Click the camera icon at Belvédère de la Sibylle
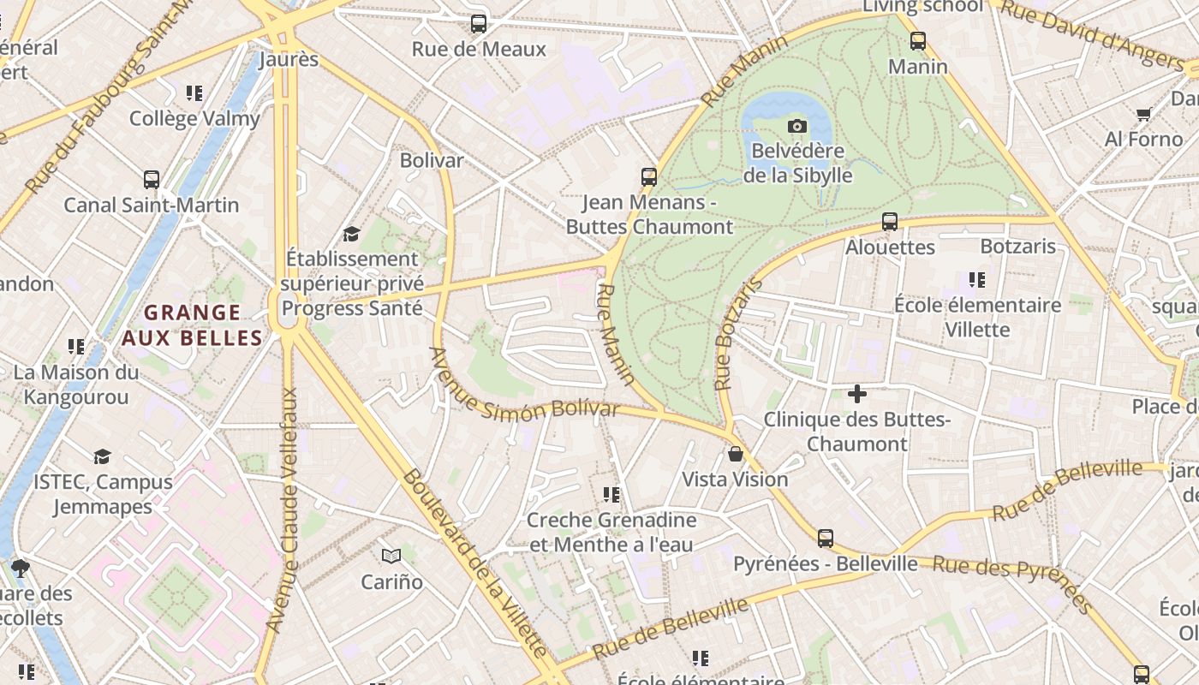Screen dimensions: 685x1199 797,127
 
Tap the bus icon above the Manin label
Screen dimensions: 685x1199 918,40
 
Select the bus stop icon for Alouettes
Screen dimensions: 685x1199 890,222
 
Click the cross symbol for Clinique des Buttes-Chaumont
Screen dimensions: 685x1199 856,394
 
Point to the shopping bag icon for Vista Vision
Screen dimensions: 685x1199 735,454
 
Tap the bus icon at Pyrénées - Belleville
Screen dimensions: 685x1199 826,538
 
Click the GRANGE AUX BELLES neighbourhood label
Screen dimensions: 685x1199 192,325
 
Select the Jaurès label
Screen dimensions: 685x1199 289,59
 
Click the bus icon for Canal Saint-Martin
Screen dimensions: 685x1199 152,180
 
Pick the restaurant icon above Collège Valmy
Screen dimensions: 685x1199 194,92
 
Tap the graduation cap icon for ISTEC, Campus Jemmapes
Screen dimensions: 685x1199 103,456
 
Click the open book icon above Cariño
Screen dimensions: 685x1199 391,557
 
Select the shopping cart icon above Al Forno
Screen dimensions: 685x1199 1143,114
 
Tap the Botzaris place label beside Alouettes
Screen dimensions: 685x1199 1017,247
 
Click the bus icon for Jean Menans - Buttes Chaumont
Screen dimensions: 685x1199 649,177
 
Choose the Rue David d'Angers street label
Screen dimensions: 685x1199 1092,34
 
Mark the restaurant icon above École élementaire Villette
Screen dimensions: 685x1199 976,280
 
